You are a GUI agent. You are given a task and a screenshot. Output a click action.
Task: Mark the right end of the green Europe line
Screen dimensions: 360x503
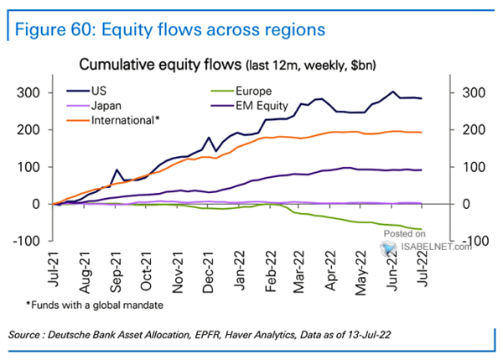pos(421,229)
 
